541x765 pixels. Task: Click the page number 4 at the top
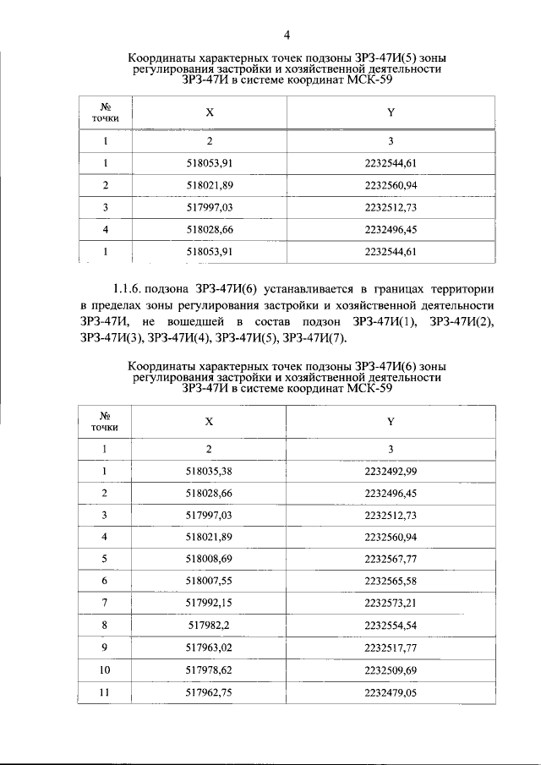[x=287, y=35]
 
